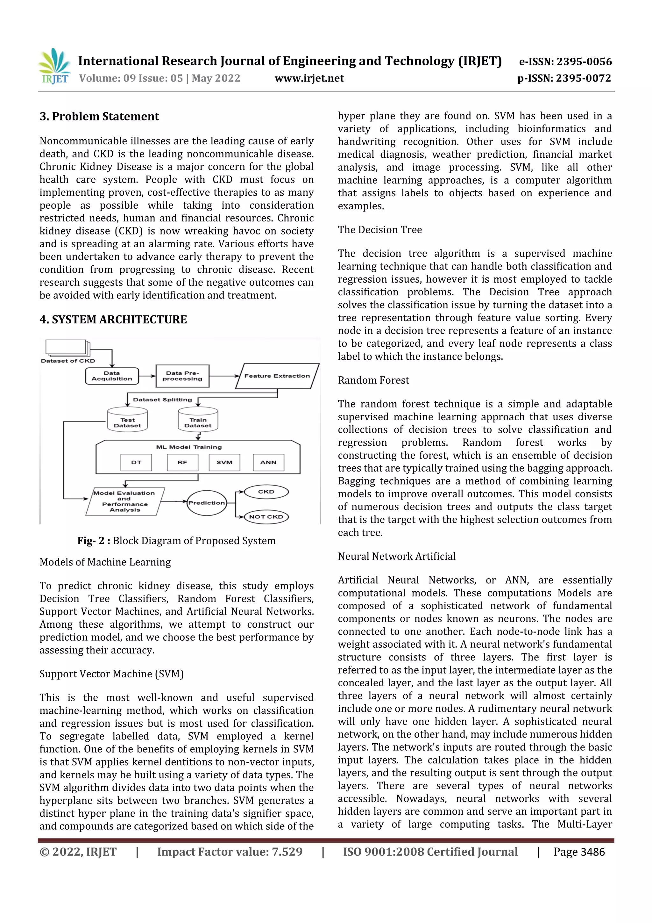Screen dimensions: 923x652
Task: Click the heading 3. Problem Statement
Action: (99, 117)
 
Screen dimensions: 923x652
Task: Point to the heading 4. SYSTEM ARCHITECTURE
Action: (113, 320)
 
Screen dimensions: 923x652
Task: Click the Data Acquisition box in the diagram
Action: (112, 376)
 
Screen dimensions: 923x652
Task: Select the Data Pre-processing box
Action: (182, 376)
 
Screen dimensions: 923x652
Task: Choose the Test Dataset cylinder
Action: (127, 421)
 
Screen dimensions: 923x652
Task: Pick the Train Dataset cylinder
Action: (198, 421)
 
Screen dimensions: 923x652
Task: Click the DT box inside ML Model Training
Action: (136, 463)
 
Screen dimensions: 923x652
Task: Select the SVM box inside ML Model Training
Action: (224, 463)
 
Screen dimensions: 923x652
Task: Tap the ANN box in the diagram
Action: (268, 463)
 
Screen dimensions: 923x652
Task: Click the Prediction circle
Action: (207, 503)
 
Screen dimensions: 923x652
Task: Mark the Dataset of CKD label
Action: (68, 361)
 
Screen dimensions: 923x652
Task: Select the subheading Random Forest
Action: (373, 380)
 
